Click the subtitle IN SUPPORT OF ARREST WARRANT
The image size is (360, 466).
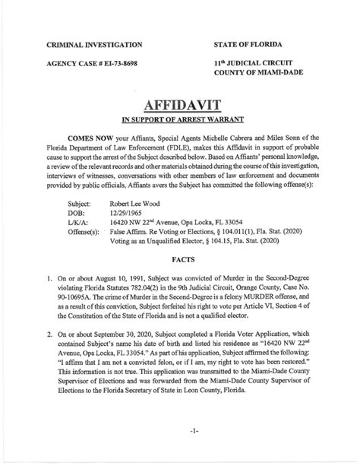(179, 120)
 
